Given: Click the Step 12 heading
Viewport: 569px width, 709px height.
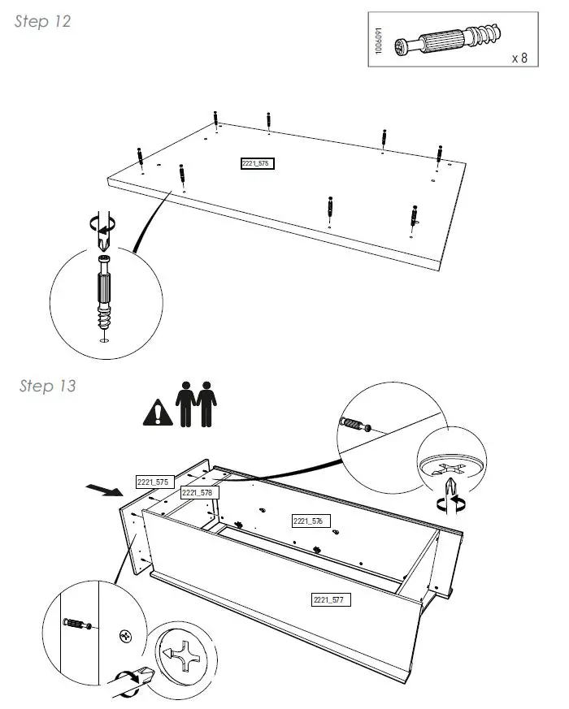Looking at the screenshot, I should (x=42, y=22).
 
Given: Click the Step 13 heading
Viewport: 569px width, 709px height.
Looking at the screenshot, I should (x=47, y=386).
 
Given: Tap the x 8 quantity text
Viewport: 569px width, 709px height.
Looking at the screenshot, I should (x=519, y=58).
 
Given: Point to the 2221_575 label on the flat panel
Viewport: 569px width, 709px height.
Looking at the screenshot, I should (x=256, y=163).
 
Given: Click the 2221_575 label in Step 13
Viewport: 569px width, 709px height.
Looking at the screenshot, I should (x=152, y=482).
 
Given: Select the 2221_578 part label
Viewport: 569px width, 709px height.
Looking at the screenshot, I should (x=197, y=493).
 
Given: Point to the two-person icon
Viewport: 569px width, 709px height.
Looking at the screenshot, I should (x=197, y=404).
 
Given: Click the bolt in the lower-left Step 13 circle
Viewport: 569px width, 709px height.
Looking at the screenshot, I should (x=75, y=624).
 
